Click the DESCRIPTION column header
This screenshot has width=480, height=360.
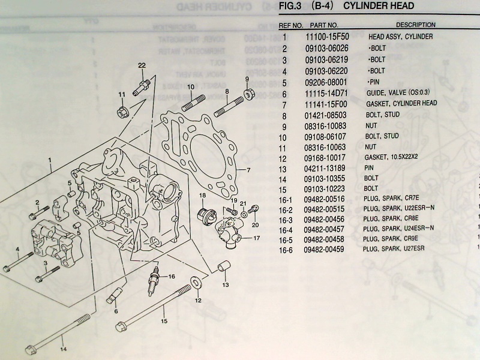(x=415, y=25)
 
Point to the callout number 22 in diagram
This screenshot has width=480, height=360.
(x=142, y=65)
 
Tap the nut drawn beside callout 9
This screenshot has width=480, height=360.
(x=248, y=94)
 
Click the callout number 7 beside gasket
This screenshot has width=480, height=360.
(x=247, y=170)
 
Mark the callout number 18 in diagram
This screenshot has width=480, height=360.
(x=203, y=196)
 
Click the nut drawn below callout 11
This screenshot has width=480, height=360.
(x=122, y=112)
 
